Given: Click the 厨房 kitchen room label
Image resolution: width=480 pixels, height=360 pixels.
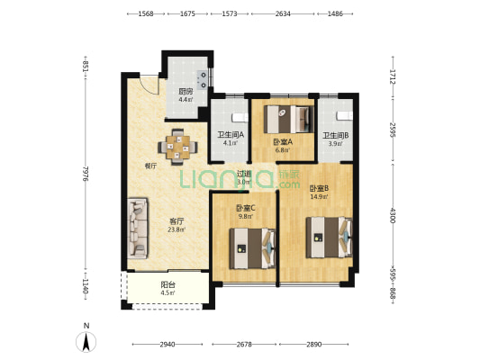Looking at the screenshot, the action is [x=186, y=91].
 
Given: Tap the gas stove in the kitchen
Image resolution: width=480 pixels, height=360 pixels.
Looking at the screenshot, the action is [x=203, y=79].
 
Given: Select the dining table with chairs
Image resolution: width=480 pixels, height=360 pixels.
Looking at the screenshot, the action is [x=177, y=148].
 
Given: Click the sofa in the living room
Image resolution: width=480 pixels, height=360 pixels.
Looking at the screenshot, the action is [x=138, y=229].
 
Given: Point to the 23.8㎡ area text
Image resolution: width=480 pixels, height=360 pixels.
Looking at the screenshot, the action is [x=177, y=229].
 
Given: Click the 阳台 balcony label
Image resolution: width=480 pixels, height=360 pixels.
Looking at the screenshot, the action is [x=168, y=284].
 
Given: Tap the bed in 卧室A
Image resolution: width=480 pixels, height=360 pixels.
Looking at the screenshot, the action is [x=289, y=119].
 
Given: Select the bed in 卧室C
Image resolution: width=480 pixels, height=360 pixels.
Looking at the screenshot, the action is [x=252, y=248].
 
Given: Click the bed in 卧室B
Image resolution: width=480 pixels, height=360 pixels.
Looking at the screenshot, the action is [x=329, y=238].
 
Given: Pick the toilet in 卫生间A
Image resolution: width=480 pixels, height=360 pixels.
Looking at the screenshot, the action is [x=240, y=117].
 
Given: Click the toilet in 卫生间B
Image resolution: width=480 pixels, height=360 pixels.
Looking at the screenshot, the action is [x=345, y=115].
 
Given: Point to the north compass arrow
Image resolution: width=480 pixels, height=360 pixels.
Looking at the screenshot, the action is [x=86, y=342].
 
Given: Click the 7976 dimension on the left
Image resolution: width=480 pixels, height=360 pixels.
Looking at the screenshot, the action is [x=86, y=174].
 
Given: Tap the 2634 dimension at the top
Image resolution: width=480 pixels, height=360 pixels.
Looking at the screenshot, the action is [x=283, y=13].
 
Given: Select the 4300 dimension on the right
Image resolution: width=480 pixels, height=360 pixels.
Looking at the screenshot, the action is [x=393, y=215].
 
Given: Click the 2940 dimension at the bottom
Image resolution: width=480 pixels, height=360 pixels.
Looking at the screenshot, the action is [x=168, y=345].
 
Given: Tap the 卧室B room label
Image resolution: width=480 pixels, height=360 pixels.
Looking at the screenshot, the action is [x=319, y=188].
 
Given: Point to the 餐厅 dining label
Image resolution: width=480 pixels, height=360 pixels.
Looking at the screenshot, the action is [x=150, y=166].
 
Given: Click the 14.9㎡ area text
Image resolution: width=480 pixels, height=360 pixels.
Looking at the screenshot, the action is [x=319, y=197].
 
